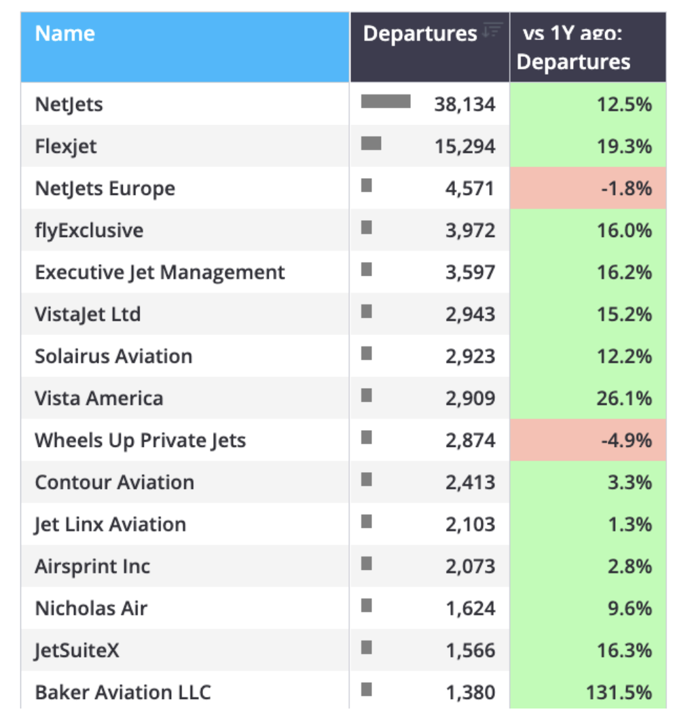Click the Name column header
pyautogui.click(x=65, y=33)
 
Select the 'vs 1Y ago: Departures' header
pyautogui.click(x=573, y=47)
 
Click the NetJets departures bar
pyautogui.click(x=386, y=101)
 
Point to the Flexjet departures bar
pyautogui.click(x=371, y=143)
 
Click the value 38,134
pyautogui.click(x=465, y=105)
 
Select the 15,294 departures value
pyautogui.click(x=465, y=147)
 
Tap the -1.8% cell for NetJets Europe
pyautogui.click(x=587, y=188)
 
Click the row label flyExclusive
pyautogui.click(x=89, y=230)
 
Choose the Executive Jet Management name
pyautogui.click(x=160, y=272)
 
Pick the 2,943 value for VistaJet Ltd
pyautogui.click(x=471, y=314)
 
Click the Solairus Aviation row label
pyautogui.click(x=113, y=356)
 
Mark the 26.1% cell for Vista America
pyautogui.click(x=587, y=398)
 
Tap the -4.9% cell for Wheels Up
pyautogui.click(x=587, y=440)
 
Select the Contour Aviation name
pyautogui.click(x=115, y=482)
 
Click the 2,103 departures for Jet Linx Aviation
pyautogui.click(x=471, y=524)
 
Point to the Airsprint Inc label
pyautogui.click(x=92, y=567)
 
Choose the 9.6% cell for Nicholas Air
pyautogui.click(x=587, y=608)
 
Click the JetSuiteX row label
pyautogui.click(x=77, y=651)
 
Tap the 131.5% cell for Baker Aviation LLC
pyautogui.click(x=587, y=692)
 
